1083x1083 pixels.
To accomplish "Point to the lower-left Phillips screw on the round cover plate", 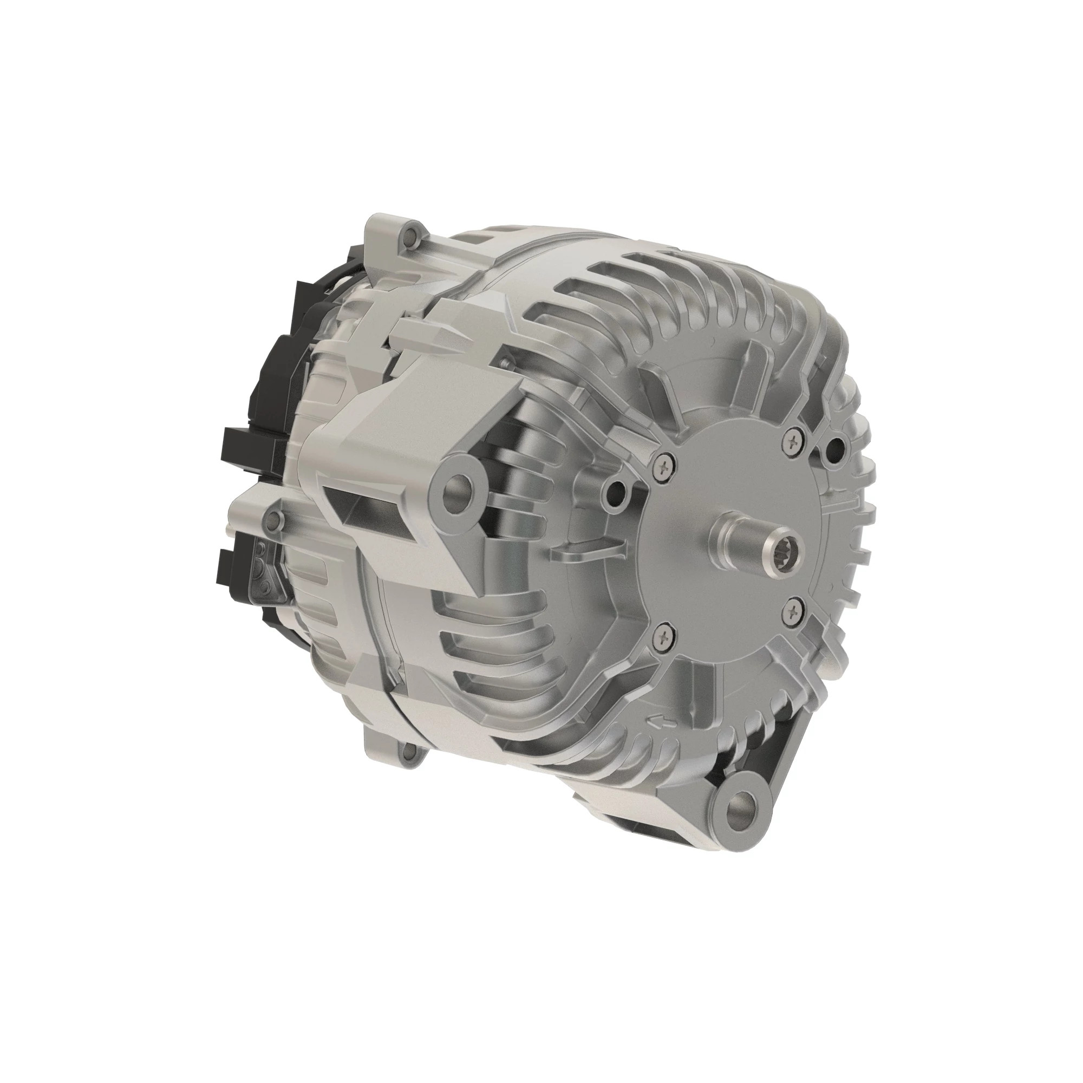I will (664, 636).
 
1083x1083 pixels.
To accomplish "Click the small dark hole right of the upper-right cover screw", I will (834, 447).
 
